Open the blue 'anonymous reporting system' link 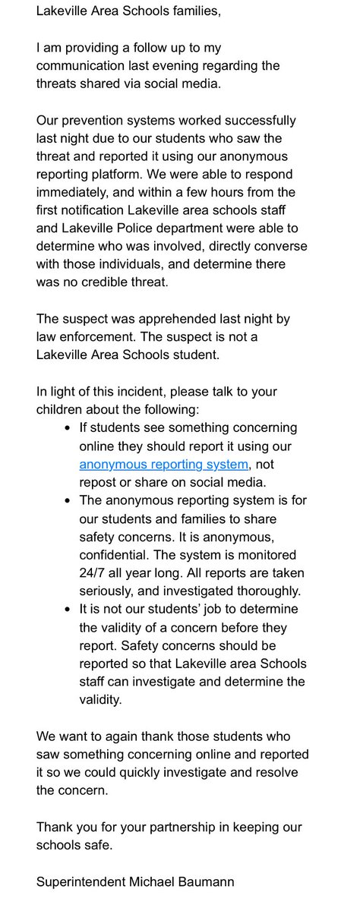163,464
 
